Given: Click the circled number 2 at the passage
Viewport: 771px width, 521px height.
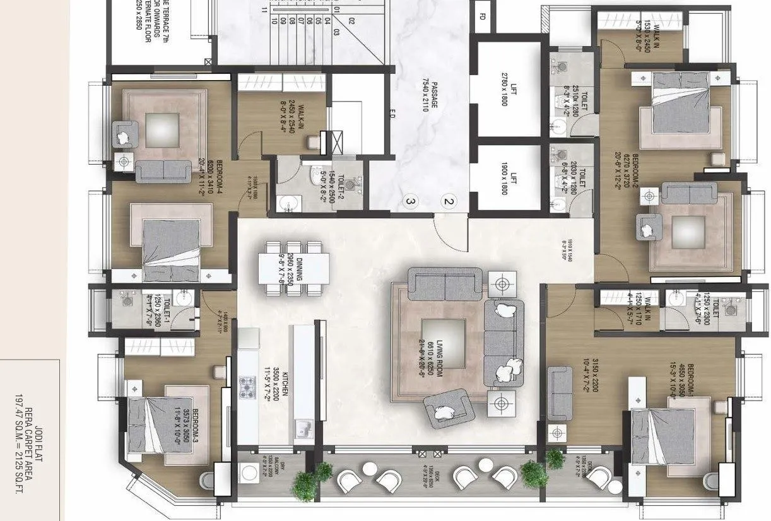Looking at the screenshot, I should coord(449,202).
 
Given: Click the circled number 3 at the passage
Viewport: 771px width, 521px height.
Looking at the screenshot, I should coord(410,202).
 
